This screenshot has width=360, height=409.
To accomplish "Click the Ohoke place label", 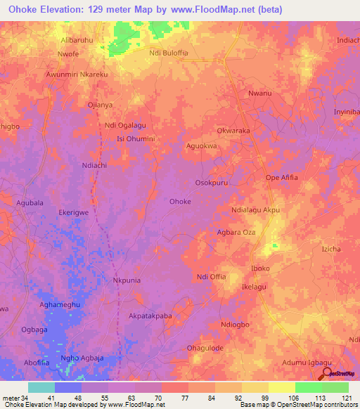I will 180,202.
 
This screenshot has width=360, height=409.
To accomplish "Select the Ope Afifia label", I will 281,178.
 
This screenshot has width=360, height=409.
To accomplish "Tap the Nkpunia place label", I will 128,280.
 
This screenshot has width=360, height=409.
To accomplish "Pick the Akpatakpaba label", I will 150,316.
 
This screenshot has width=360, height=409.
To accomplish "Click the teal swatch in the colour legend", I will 41,387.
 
